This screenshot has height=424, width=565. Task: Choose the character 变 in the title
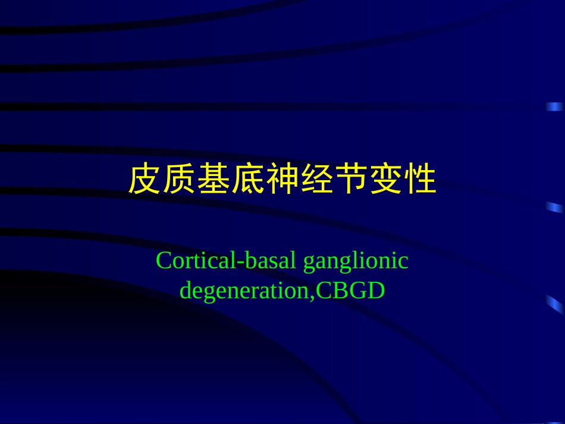coord(385,180)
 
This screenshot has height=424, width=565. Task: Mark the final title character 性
coord(420,180)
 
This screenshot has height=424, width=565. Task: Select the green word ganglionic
coord(356,262)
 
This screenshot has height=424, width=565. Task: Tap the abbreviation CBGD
coord(351,291)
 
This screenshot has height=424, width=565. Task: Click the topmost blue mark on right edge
coord(555,106)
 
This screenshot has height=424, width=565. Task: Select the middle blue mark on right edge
coord(555,207)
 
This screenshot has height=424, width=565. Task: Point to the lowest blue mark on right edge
coord(555,304)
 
